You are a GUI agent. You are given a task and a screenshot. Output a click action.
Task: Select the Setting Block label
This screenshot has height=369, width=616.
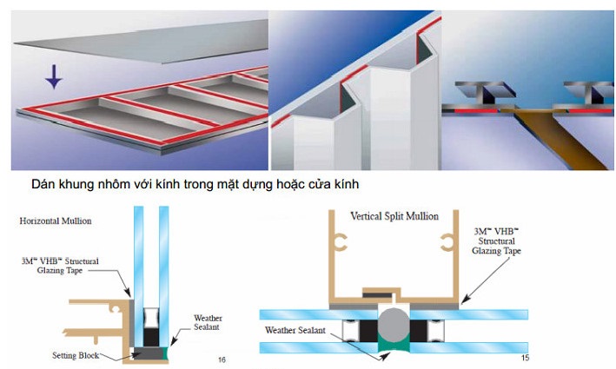click(x=75, y=356)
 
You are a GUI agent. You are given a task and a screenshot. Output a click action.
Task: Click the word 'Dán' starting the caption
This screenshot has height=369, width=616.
click(x=43, y=185)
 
